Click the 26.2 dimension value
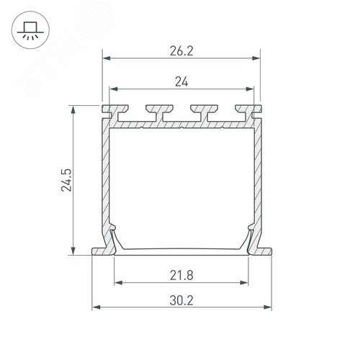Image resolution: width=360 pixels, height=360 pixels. [181, 51]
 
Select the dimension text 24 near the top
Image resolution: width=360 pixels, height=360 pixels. [181, 82]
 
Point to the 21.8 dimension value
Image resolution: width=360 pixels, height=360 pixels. [181, 274]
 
